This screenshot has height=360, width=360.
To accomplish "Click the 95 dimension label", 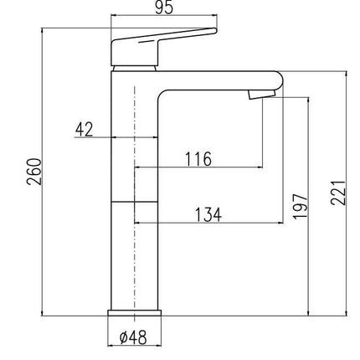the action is click(164, 8).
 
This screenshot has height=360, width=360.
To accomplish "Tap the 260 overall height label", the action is click(34, 172).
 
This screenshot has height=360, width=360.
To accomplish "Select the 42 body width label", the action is click(85, 130).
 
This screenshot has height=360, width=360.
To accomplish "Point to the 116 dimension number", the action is click(198, 159).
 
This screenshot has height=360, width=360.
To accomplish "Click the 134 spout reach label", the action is click(208, 214).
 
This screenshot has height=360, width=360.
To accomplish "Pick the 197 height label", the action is click(301, 206).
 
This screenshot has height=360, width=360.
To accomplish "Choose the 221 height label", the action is click(338, 193).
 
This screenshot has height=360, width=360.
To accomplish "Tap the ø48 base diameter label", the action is click(133, 337).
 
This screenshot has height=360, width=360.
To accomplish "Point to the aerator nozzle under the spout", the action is click(262, 94).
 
